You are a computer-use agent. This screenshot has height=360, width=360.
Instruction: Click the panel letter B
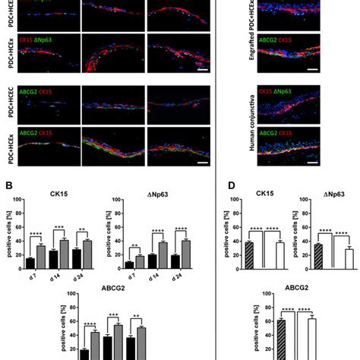[9, 184]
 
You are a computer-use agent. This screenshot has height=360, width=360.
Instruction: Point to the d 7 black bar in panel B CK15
[30, 263]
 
